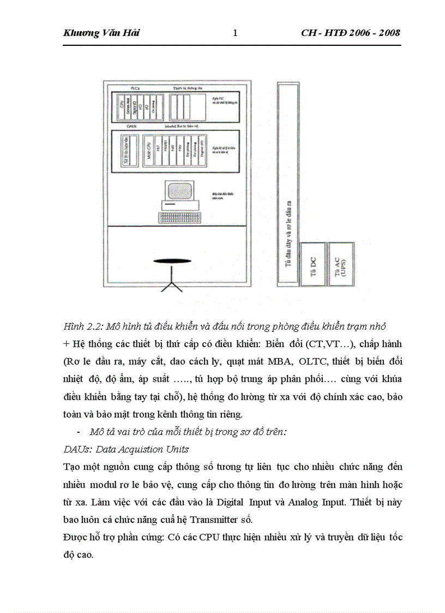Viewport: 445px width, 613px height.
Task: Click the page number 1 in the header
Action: (235, 33)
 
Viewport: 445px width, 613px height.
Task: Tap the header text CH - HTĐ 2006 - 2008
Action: (350, 33)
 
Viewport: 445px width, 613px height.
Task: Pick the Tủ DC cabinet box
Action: (313, 264)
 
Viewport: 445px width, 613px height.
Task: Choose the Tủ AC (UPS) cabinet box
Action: (341, 264)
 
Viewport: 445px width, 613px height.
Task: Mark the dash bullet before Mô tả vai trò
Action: (80, 432)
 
